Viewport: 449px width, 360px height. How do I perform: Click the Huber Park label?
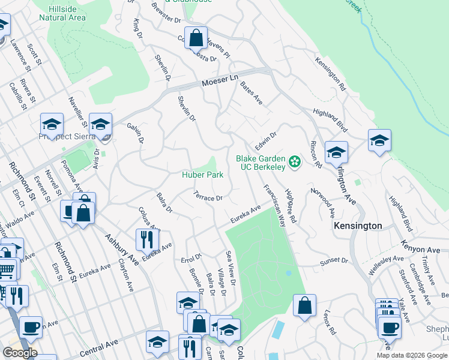pyautogui.click(x=203, y=175)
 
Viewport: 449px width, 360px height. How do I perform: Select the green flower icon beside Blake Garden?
pyautogui.click(x=294, y=161)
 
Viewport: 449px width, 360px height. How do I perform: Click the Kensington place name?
pyautogui.click(x=358, y=226)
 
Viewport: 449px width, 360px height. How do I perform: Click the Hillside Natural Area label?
pyautogui.click(x=62, y=13)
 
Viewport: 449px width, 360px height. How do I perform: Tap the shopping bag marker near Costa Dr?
pyautogui.click(x=196, y=38)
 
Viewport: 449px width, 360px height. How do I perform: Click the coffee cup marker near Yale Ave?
pyautogui.click(x=389, y=327)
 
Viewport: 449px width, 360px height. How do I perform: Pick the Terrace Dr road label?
pyautogui.click(x=208, y=196)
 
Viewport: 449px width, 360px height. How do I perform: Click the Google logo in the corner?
pyautogui.click(x=19, y=353)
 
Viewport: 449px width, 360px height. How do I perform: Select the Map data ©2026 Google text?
pyautogui.click(x=411, y=355)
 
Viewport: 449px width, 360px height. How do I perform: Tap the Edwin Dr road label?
pyautogui.click(x=265, y=142)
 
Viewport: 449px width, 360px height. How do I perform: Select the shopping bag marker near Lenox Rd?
pyautogui.click(x=305, y=305)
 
